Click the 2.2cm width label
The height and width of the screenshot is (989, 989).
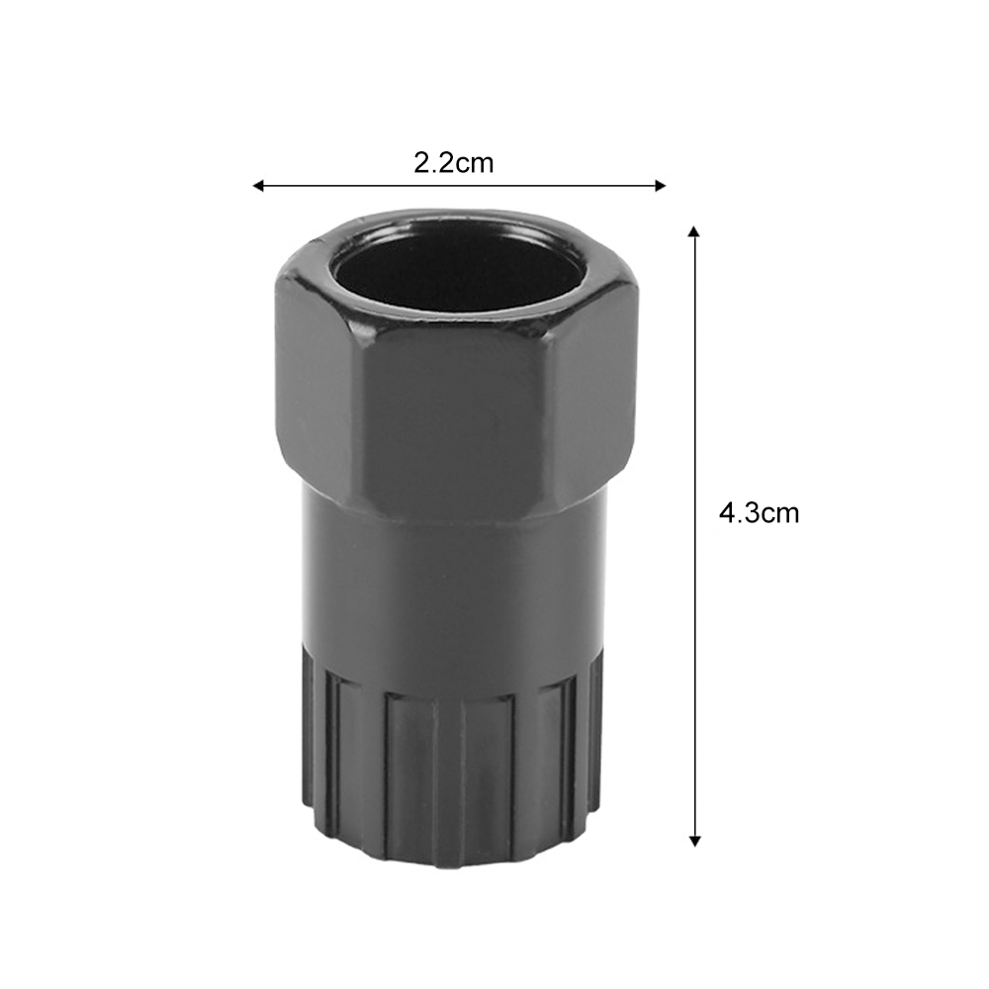453,162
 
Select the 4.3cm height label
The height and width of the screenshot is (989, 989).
759,513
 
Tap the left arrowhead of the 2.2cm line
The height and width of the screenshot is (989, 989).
258,185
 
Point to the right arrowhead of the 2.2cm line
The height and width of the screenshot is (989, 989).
660,185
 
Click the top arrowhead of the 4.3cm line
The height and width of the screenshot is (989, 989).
694,231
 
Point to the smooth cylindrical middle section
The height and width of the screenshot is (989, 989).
455,584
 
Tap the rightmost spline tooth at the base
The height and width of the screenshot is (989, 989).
595,732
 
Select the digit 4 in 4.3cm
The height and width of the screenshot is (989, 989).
727,513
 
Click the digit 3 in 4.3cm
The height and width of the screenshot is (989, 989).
751,513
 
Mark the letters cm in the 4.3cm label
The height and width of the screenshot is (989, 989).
780,513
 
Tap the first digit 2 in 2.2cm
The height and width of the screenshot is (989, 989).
421,162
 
